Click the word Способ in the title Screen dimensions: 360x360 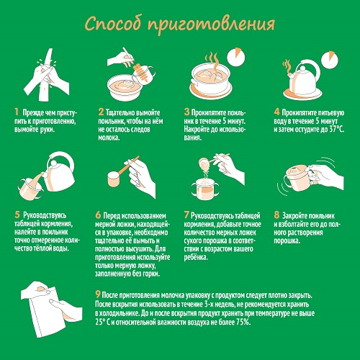(x=113, y=24)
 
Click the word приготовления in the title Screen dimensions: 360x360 (x=211, y=25)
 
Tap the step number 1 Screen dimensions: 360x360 (x=17, y=112)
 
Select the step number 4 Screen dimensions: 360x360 (x=276, y=112)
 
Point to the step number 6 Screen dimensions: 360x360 (x=98, y=215)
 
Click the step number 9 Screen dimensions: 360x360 (x=98, y=294)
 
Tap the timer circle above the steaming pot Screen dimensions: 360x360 (x=236, y=58)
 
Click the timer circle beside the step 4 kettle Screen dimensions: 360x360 (x=330, y=60)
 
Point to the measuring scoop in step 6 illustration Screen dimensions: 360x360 (x=120, y=174)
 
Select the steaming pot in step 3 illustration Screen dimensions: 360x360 (x=210, y=77)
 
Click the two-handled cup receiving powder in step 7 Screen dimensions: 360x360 (x=205, y=189)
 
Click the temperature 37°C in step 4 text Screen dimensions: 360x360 (x=336, y=129)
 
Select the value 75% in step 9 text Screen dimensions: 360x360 (x=243, y=322)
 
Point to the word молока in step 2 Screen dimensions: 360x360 (x=109, y=138)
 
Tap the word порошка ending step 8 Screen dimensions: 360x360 (x=287, y=240)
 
